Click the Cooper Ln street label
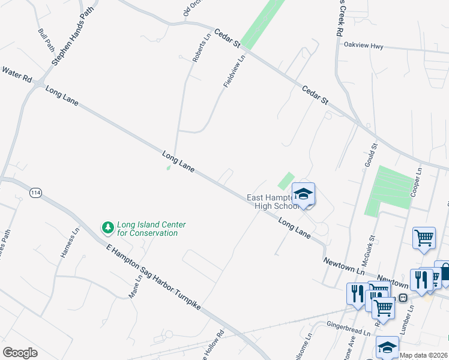(x=416, y=182)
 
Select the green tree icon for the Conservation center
(x=108, y=227)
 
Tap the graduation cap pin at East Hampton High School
(x=304, y=194)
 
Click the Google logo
(x=20, y=353)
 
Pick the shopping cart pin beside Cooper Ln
(x=424, y=238)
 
